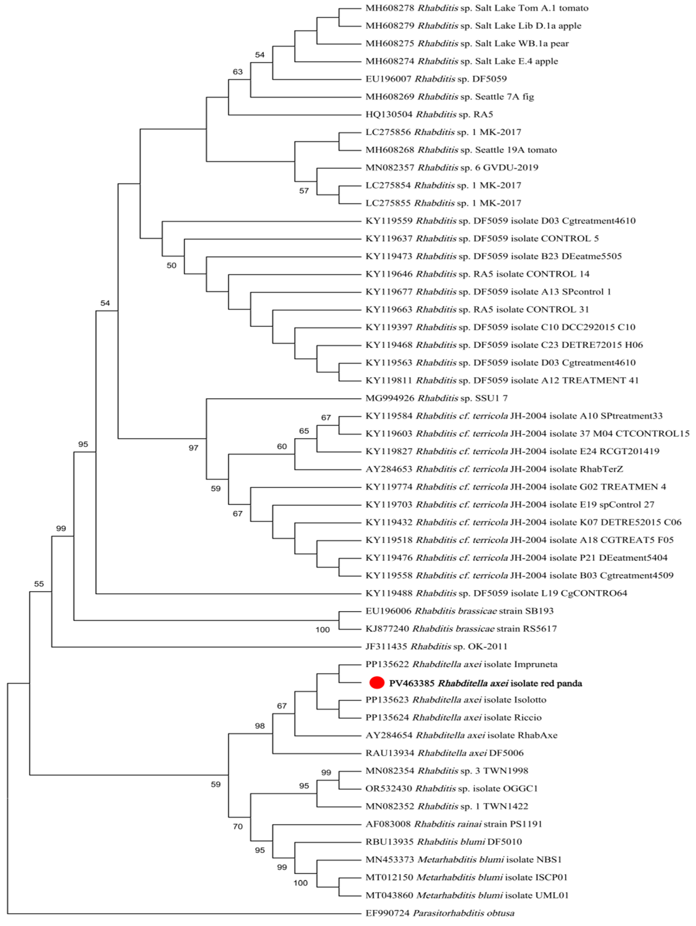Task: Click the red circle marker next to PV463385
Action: tap(377, 682)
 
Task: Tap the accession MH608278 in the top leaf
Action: tap(389, 8)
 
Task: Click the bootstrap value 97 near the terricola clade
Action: tap(193, 448)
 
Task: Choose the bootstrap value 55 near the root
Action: tap(38, 584)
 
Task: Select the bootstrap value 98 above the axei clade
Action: tap(259, 726)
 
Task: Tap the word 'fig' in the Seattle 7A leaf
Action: tap(528, 97)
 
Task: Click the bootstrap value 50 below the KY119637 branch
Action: tap(171, 265)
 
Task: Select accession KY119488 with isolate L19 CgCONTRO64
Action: tap(388, 593)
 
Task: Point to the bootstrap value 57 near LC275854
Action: tap(304, 191)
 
